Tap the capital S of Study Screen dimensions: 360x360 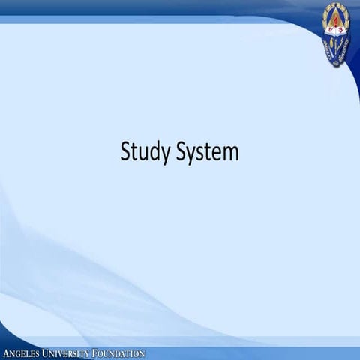click(x=125, y=151)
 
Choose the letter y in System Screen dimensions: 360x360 click(x=193, y=154)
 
